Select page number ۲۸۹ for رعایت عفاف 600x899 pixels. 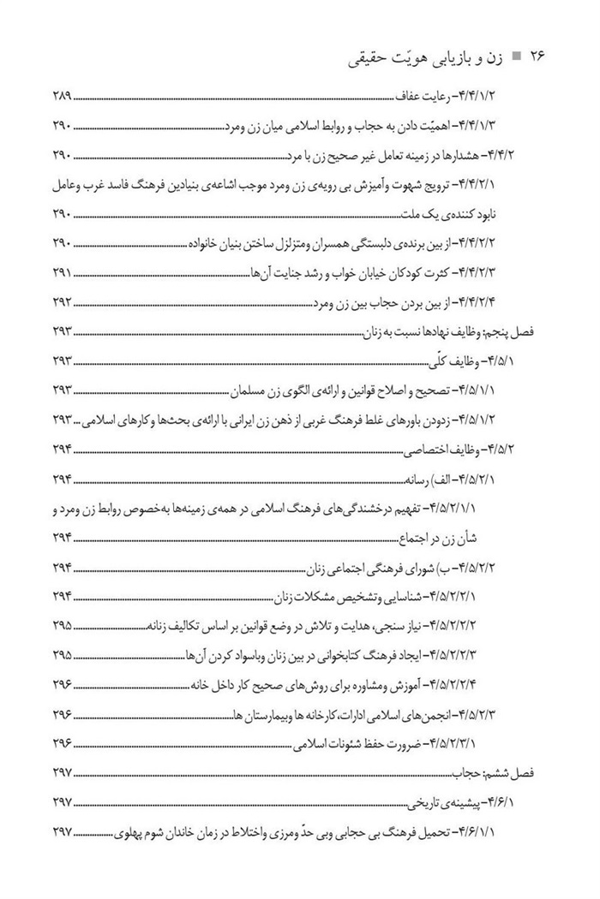click(x=65, y=95)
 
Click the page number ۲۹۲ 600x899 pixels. click(x=65, y=302)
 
